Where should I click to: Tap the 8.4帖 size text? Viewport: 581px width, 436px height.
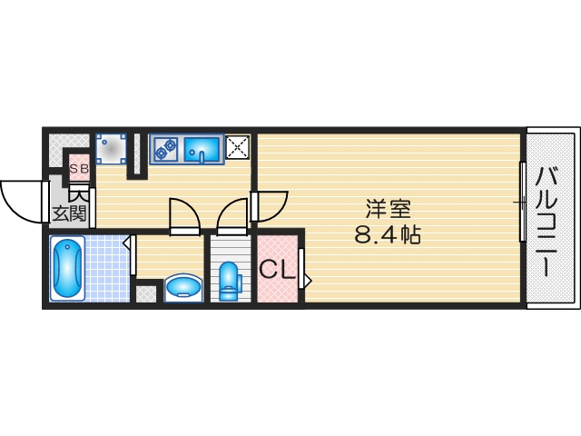coord(388,234)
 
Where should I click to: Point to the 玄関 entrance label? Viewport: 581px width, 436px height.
coord(69,214)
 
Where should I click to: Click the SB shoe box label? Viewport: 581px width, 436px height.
coord(79,169)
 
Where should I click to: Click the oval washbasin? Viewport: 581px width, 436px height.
coord(183,288)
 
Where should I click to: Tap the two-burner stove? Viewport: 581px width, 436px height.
coord(165,148)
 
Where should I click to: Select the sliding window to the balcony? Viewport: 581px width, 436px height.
coord(522,202)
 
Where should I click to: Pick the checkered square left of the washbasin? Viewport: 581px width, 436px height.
coord(145,293)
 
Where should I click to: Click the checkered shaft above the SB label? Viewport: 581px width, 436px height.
coord(63,147)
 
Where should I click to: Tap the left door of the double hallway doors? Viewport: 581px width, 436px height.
coord(184,216)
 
